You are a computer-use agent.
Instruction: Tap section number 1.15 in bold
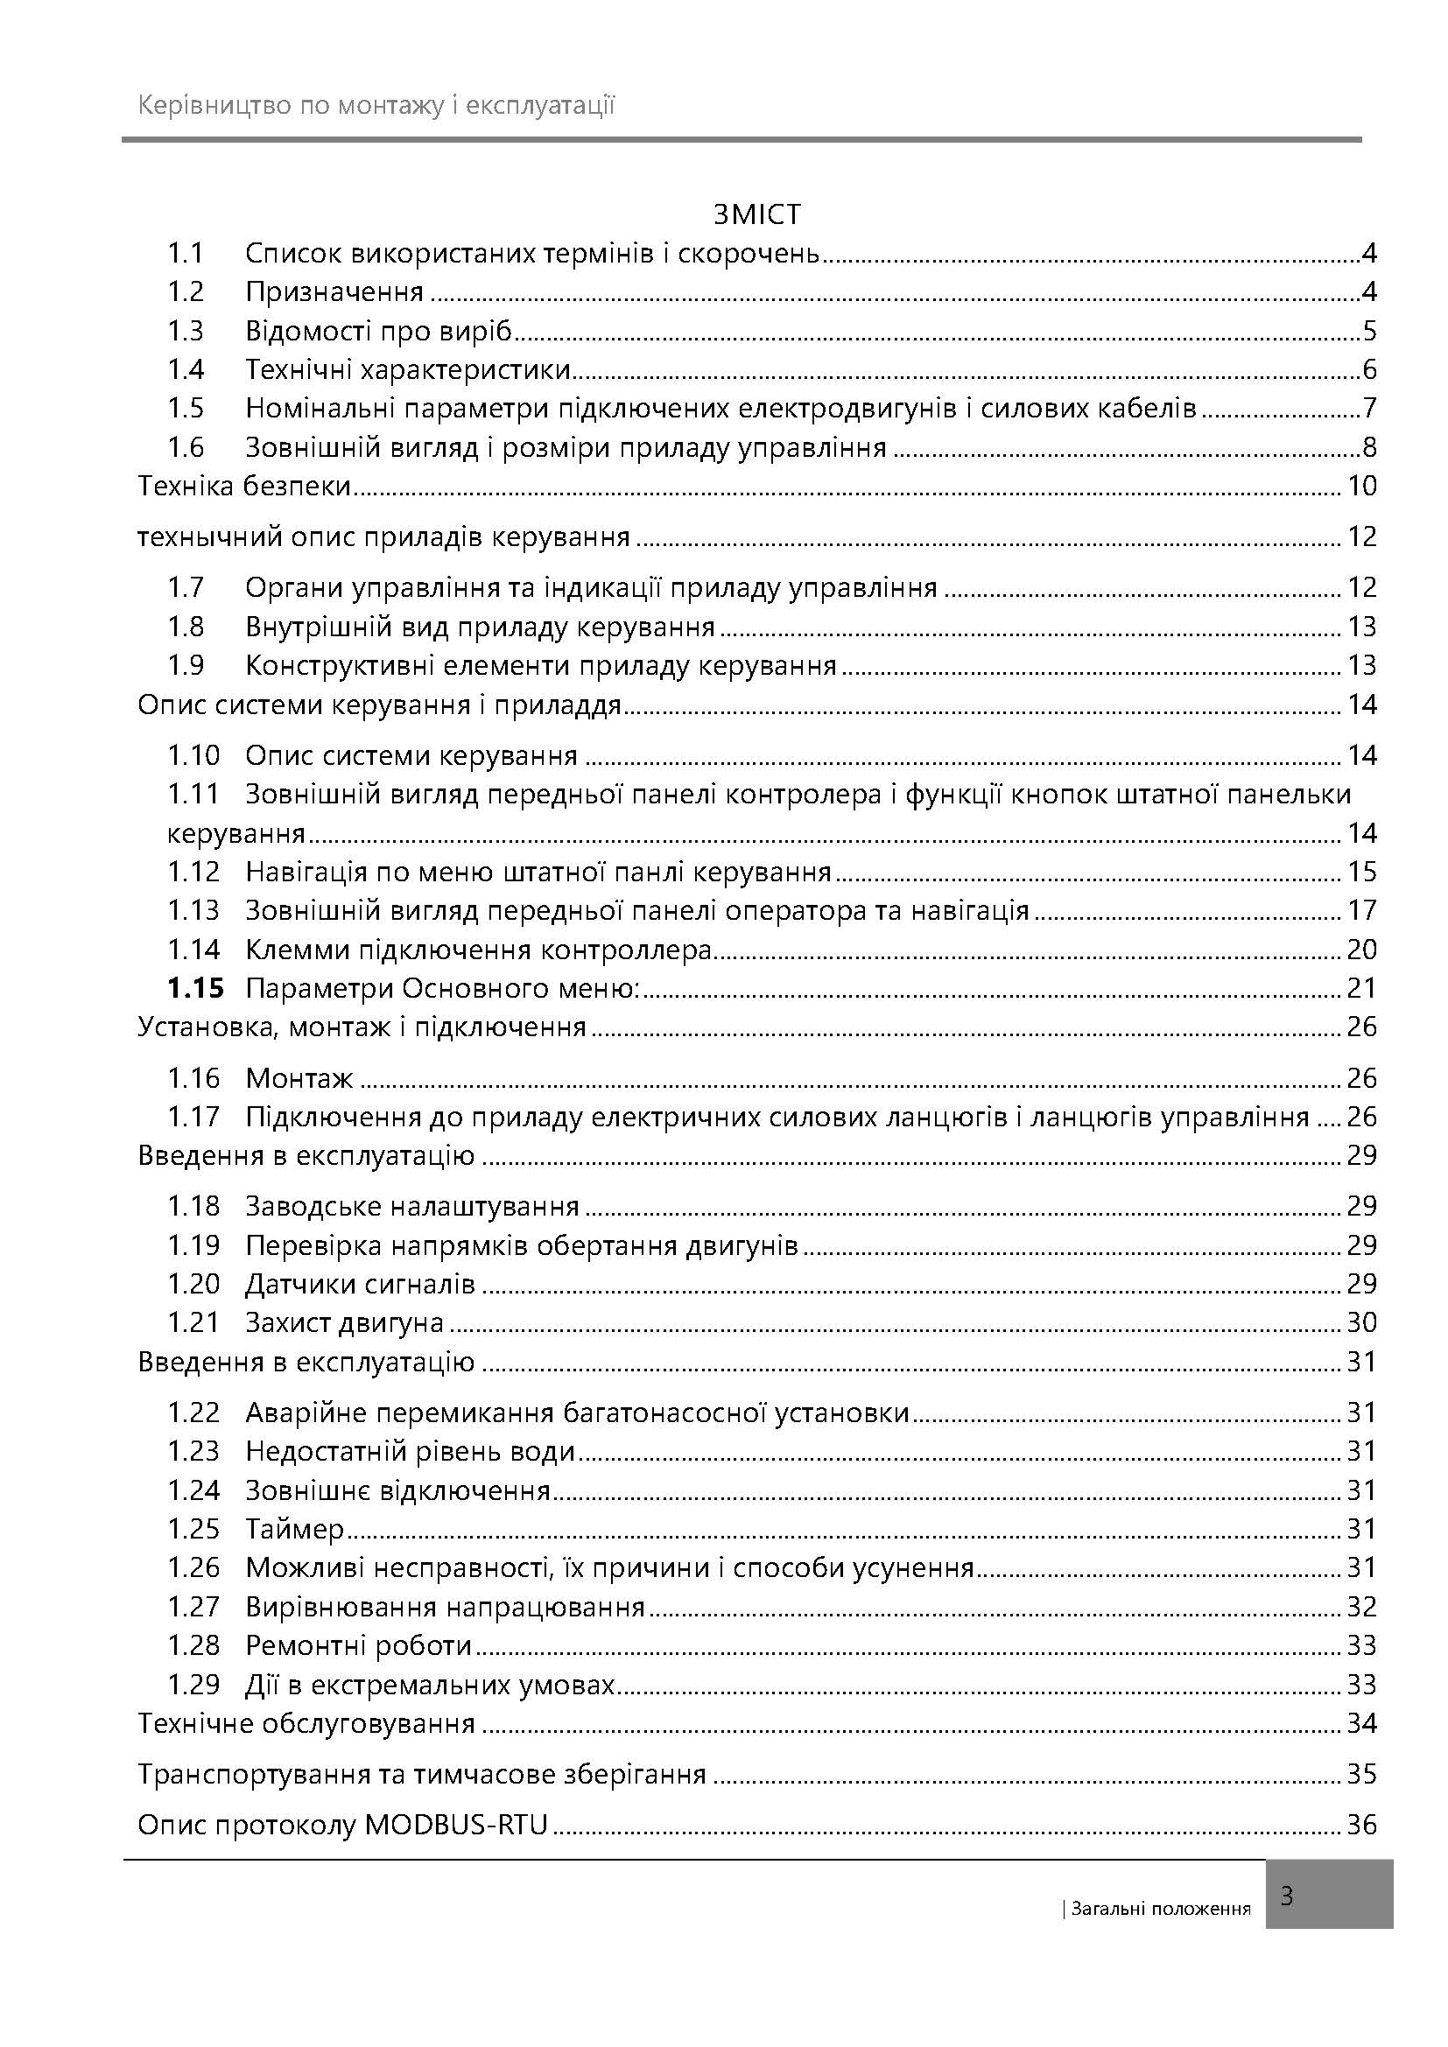195,988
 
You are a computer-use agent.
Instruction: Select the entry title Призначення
334,291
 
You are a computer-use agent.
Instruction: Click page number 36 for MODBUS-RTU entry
1361,1824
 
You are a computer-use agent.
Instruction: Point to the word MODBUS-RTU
455,1824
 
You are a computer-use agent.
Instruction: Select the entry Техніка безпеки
243,486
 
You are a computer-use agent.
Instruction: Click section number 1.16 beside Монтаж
193,1078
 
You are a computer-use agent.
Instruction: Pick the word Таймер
295,1529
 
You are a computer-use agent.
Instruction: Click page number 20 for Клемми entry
1361,949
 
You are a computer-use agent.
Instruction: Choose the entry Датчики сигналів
360,1284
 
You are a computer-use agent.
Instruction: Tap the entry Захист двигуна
344,1322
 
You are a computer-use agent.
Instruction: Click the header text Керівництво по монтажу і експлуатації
376,107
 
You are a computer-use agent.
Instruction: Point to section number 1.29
193,1684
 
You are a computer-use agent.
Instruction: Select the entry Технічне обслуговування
306,1723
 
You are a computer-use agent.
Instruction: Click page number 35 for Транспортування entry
1361,1773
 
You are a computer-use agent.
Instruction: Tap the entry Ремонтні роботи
358,1645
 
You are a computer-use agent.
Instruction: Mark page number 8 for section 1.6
1369,446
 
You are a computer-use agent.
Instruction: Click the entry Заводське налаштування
412,1206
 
